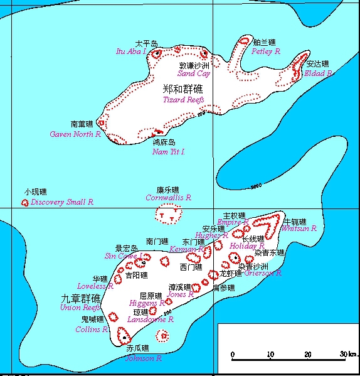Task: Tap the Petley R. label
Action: (x=266, y=51)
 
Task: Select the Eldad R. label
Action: (x=318, y=73)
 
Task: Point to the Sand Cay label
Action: (x=194, y=73)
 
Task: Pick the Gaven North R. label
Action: (x=75, y=134)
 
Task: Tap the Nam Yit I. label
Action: (x=169, y=151)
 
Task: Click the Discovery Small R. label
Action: (x=62, y=202)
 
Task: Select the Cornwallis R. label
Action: (x=168, y=197)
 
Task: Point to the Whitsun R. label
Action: (x=299, y=229)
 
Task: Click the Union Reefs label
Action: (x=80, y=308)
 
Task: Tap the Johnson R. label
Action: (x=144, y=358)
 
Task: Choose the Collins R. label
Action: (x=92, y=329)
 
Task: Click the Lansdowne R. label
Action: (x=151, y=319)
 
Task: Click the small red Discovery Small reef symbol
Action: (x=25, y=203)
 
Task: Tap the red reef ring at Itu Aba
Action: (x=157, y=53)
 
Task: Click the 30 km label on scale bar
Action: (x=347, y=355)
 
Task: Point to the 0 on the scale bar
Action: (x=233, y=355)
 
